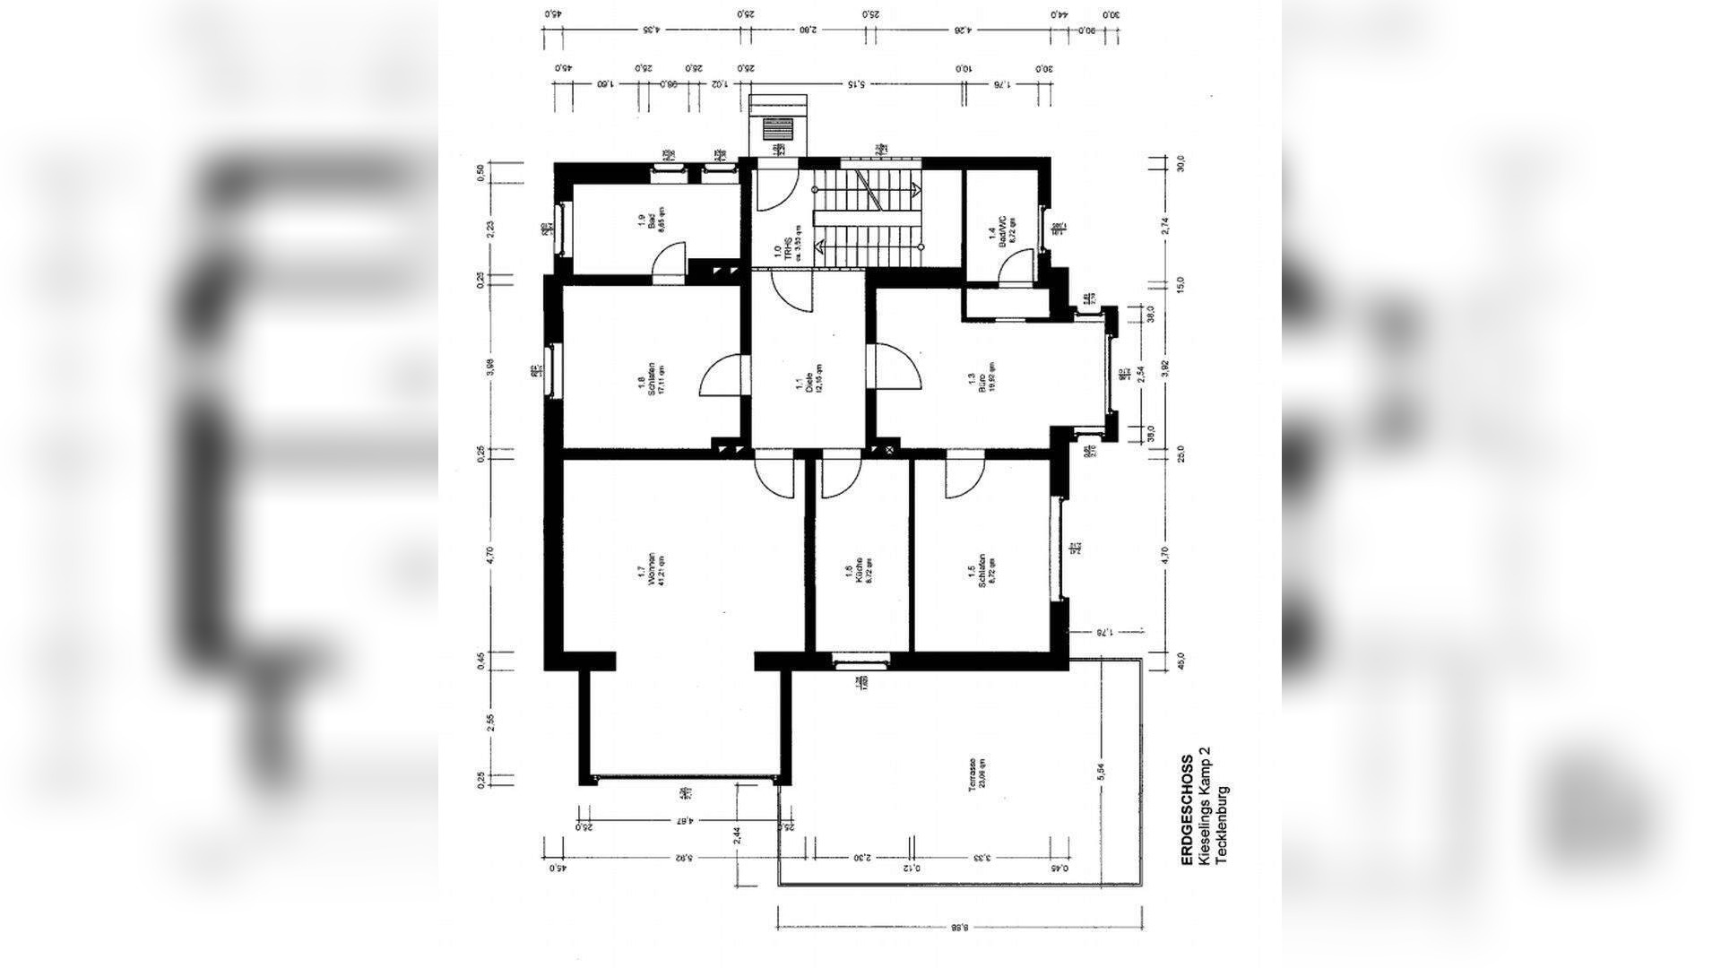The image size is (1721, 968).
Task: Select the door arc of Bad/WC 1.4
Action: (x=1015, y=266)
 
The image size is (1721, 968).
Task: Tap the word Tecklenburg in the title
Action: (x=1223, y=825)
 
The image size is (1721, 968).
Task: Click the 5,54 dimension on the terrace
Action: (x=1101, y=772)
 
